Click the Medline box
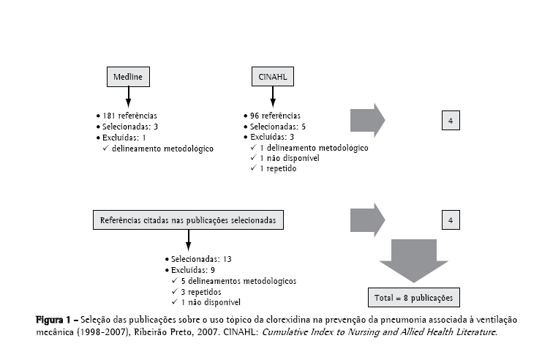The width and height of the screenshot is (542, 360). (x=128, y=77)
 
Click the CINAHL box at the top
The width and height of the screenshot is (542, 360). (x=273, y=77)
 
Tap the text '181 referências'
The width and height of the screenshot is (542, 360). (x=130, y=116)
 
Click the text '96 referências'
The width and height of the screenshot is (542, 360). (x=276, y=116)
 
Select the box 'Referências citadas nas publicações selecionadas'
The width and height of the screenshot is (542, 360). (x=189, y=219)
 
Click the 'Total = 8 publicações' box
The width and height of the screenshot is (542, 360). (x=414, y=298)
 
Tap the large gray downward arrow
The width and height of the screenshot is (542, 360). (x=414, y=260)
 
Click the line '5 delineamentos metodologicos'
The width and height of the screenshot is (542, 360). (x=218, y=280)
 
